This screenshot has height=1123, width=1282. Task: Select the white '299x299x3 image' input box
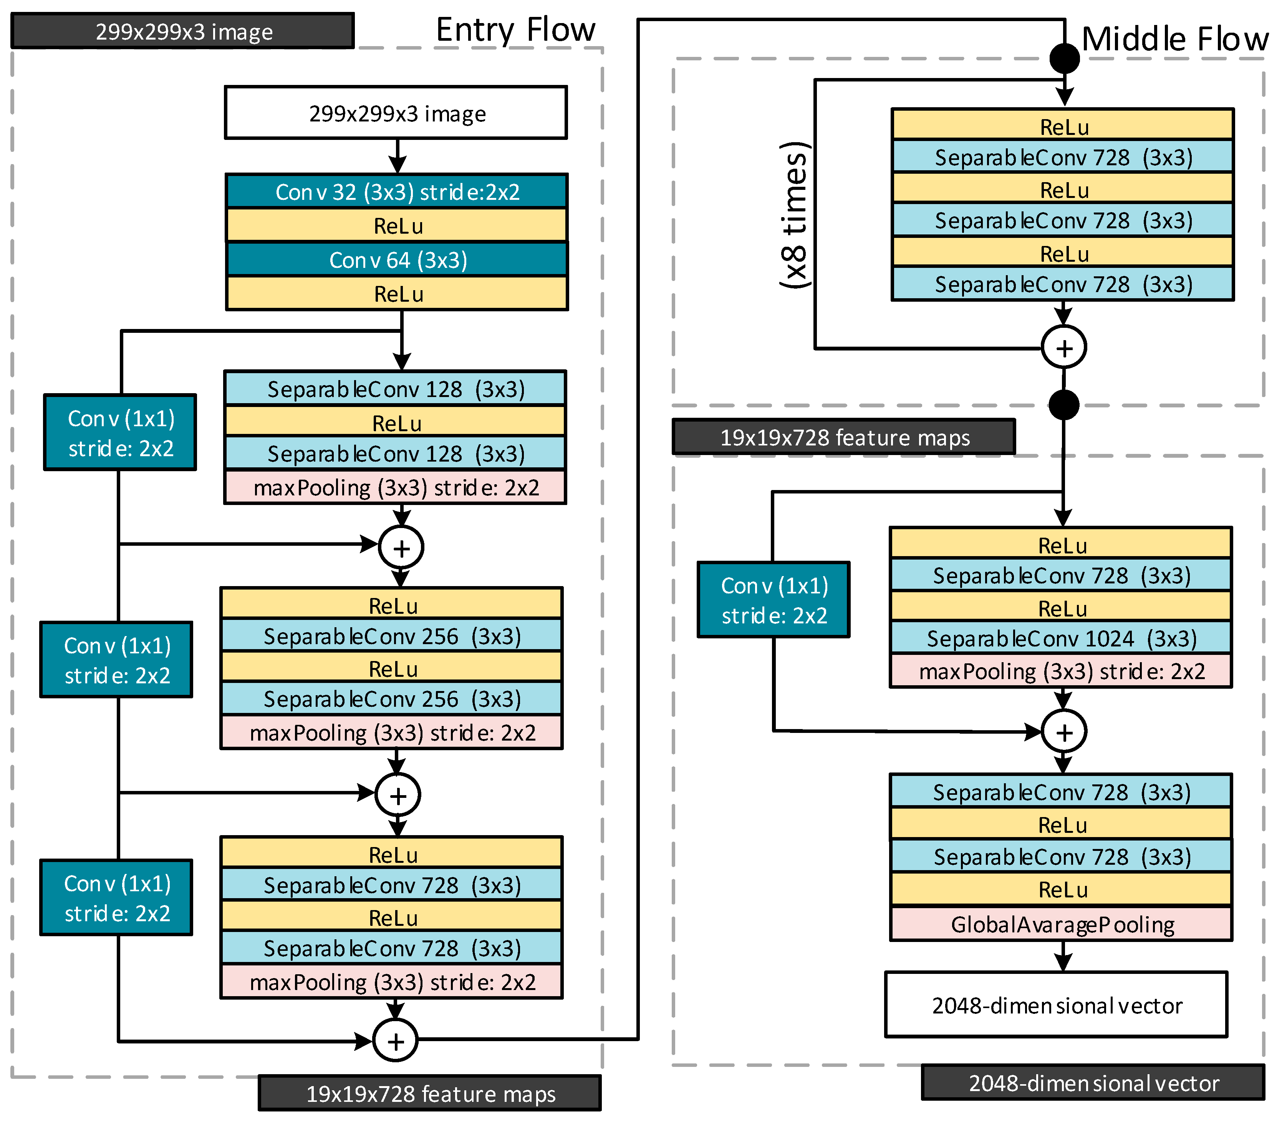click(x=396, y=113)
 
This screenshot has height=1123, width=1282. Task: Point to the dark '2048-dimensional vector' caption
click(x=1093, y=1083)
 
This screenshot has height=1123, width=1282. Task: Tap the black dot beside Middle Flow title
click(x=1064, y=59)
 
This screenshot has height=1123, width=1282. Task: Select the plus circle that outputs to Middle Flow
click(x=395, y=1041)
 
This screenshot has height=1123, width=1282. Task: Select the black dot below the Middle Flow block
click(x=1063, y=405)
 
